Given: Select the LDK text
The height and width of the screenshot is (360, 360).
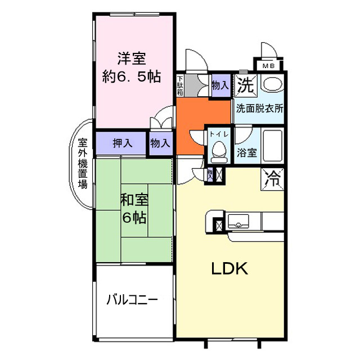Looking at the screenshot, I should (x=229, y=269).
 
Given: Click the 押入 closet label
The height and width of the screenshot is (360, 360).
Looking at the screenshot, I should (x=121, y=143).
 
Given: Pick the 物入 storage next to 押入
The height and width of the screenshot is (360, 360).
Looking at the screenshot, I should (x=160, y=143).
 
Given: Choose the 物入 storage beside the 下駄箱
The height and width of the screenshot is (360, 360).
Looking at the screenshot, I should (x=220, y=86).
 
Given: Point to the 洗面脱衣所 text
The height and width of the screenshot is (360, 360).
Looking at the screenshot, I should (x=259, y=108).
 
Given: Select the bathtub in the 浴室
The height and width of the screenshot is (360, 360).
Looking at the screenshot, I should (x=272, y=145).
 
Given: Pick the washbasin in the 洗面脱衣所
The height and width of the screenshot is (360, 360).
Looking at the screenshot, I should (x=272, y=85).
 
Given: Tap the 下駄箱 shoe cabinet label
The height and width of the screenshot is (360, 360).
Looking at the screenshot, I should (x=180, y=85).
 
